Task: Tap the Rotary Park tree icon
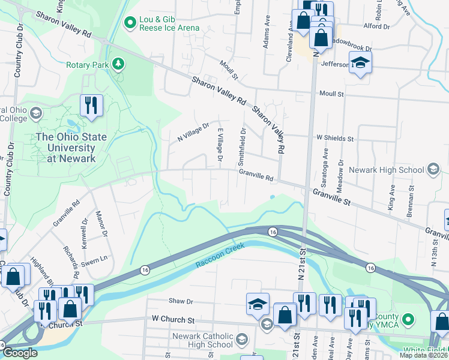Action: click(x=119, y=63)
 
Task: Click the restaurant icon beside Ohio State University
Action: click(x=91, y=105)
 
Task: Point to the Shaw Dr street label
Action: click(x=181, y=302)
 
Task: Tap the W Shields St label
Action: click(x=335, y=138)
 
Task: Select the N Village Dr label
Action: click(x=193, y=133)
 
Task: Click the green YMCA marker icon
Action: click(x=408, y=319)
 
